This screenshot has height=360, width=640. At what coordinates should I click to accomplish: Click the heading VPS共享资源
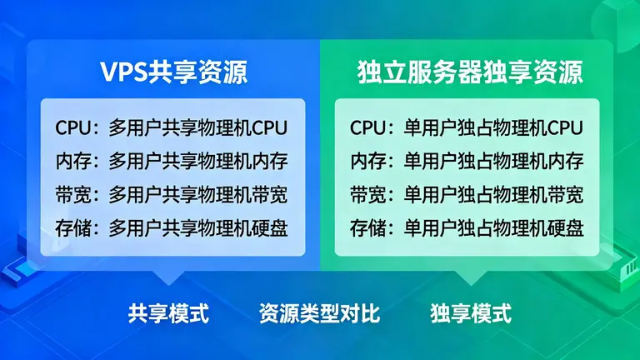pyautogui.click(x=173, y=72)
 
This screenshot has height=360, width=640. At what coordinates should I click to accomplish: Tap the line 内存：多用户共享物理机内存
pyautogui.click(x=172, y=161)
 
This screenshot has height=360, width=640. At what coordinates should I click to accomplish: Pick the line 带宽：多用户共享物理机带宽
pyautogui.click(x=172, y=194)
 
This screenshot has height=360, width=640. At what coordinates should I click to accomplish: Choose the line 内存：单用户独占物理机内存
pyautogui.click(x=467, y=161)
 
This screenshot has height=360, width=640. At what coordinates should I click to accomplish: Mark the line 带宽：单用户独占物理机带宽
pyautogui.click(x=467, y=194)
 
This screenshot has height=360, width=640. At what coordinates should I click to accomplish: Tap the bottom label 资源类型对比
pyautogui.click(x=319, y=314)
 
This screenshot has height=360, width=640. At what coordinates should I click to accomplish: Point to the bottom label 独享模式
pyautogui.click(x=471, y=314)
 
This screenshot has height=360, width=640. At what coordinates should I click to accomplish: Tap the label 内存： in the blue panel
pyautogui.click(x=79, y=161)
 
